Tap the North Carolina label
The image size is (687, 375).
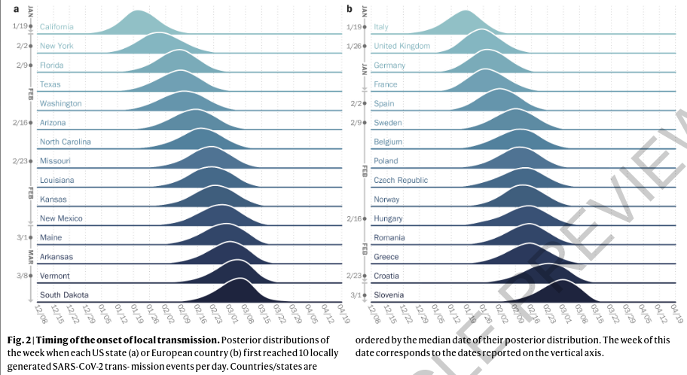point(66,142)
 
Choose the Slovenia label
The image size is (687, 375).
point(389,295)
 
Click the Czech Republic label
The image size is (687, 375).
point(401,180)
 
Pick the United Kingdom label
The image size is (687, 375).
point(402,46)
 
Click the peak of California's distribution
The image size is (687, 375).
point(138,12)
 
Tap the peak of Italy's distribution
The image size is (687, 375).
point(466,12)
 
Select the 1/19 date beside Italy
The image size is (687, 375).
point(353,26)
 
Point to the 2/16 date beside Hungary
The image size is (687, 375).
point(353,218)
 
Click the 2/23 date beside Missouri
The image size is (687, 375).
point(21,160)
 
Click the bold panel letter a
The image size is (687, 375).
point(17,9)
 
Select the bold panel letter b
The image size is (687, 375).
point(350,9)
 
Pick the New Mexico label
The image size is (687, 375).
point(61,218)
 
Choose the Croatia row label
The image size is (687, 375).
point(387,276)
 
